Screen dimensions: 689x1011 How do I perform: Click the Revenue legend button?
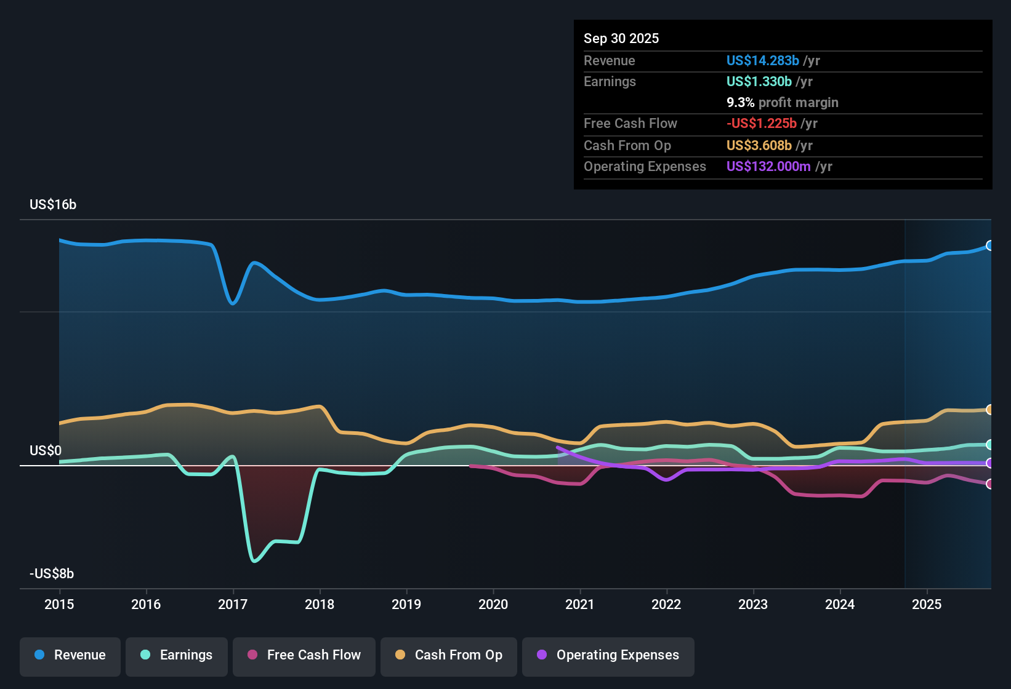click(x=70, y=655)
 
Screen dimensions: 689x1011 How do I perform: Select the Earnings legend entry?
click(x=177, y=655)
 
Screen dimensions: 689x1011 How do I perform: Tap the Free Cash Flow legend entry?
click(x=304, y=655)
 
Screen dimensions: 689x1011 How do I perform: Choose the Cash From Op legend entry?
click(x=449, y=655)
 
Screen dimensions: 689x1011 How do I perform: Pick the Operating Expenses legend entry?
click(x=608, y=655)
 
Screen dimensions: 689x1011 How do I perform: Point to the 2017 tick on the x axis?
click(x=233, y=604)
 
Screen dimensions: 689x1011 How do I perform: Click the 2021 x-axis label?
click(x=580, y=604)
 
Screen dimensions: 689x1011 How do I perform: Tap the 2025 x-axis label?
click(x=927, y=604)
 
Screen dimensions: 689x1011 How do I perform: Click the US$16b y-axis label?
click(x=53, y=205)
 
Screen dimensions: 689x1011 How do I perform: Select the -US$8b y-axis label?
click(x=52, y=574)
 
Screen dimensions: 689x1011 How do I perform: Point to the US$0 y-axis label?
click(x=46, y=451)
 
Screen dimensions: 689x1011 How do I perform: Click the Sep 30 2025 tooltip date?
click(x=621, y=39)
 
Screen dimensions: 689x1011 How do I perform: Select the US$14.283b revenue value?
click(x=762, y=61)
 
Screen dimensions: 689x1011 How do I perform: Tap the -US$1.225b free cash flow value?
click(x=761, y=124)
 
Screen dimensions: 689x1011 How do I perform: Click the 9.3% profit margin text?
click(x=782, y=103)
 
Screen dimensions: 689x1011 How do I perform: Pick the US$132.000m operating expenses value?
click(x=768, y=167)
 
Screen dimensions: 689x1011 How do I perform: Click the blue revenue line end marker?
click(x=989, y=245)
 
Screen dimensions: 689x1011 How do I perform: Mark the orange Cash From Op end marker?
click(x=989, y=410)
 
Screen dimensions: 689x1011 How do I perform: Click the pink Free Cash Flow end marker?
click(x=989, y=484)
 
